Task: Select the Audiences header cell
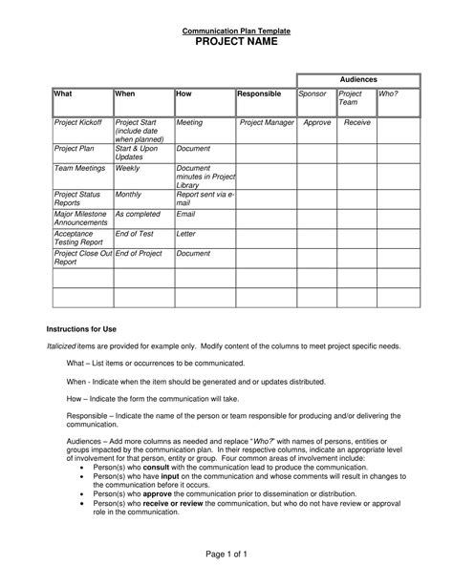(358, 79)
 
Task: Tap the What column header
(63, 94)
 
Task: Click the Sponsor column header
(313, 94)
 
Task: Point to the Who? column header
(388, 94)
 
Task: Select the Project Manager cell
(266, 123)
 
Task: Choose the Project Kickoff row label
(79, 123)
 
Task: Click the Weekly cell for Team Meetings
(127, 167)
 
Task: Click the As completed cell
(137, 215)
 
